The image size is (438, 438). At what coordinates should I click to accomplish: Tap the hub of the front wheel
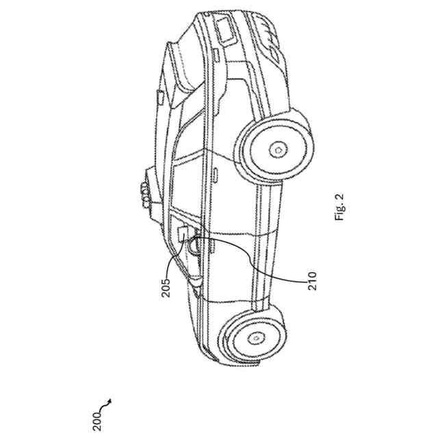[x=255, y=336]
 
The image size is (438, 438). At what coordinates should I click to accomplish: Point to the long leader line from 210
[x=274, y=263]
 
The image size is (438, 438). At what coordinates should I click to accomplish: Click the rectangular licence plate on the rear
[x=224, y=29]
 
